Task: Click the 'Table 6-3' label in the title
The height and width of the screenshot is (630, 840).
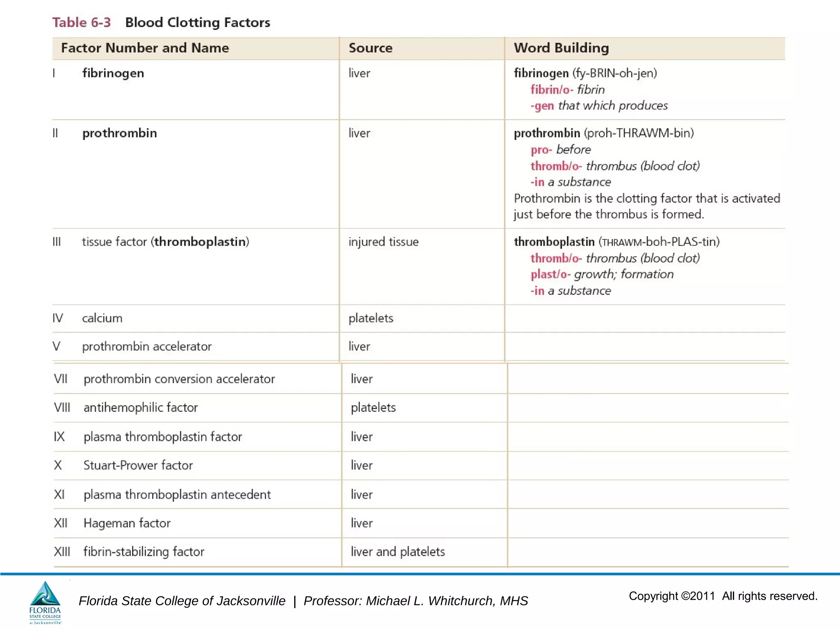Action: pyautogui.click(x=81, y=22)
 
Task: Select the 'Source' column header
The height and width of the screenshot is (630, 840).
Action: pyautogui.click(x=370, y=48)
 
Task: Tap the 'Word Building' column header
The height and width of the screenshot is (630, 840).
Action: pyautogui.click(x=561, y=48)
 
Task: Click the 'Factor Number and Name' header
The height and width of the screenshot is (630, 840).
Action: pyautogui.click(x=145, y=48)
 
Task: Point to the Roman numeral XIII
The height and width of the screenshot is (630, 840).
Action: pyautogui.click(x=62, y=552)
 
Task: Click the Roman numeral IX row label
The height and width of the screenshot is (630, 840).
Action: pyautogui.click(x=59, y=436)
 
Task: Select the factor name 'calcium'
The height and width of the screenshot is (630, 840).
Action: pyautogui.click(x=102, y=318)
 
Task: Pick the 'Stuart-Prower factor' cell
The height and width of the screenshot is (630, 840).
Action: pyautogui.click(x=138, y=465)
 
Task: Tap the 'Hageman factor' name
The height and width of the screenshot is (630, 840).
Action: pyautogui.click(x=127, y=523)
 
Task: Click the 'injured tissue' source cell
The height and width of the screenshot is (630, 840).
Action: pyautogui.click(x=383, y=242)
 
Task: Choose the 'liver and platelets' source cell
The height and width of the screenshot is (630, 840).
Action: pyautogui.click(x=397, y=552)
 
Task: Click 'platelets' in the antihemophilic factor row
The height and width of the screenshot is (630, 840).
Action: pyautogui.click(x=373, y=407)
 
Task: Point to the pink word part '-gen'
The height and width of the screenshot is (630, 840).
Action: pyautogui.click(x=542, y=106)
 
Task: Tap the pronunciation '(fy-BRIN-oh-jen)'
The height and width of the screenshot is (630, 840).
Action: pyautogui.click(x=614, y=73)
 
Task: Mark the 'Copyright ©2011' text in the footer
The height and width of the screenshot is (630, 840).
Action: pyautogui.click(x=672, y=596)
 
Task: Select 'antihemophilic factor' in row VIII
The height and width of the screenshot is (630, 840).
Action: pyautogui.click(x=141, y=407)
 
